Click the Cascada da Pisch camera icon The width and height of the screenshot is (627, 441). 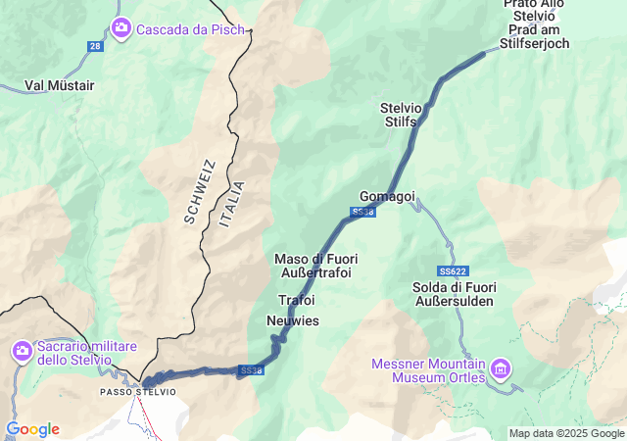point(121,27)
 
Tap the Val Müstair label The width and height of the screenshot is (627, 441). point(59,85)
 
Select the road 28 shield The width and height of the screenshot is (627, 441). point(94,46)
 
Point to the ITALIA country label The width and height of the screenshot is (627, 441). point(232,204)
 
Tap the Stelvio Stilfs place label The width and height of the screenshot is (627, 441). point(400,114)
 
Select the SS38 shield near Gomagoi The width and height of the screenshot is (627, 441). point(362,212)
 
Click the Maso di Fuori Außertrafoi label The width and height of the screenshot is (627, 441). point(315,265)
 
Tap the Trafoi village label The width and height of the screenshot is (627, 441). point(297,299)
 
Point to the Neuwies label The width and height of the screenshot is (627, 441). point(293,320)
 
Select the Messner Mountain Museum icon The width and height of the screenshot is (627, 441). point(501,368)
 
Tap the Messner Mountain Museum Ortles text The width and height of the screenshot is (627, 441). point(429,370)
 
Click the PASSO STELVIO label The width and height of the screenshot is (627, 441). point(138,392)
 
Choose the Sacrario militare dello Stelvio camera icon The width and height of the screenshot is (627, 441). point(22,350)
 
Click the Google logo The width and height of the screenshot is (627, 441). point(32,429)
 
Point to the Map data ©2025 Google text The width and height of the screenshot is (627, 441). point(565,433)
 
